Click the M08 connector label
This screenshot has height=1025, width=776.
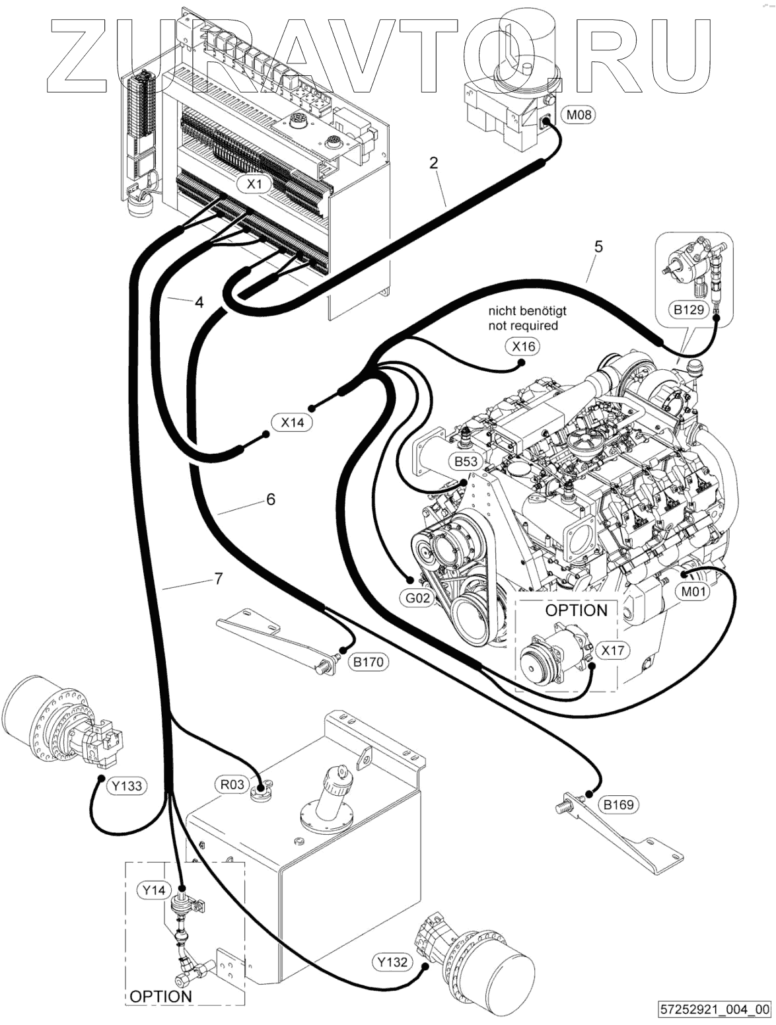click(579, 115)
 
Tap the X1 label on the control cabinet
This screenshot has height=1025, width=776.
click(254, 184)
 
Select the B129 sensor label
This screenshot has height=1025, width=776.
click(688, 308)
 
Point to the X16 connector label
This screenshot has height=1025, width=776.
click(524, 346)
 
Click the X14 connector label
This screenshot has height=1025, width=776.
click(292, 422)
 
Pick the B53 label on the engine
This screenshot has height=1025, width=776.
click(466, 461)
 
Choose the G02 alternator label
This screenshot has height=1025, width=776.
click(417, 598)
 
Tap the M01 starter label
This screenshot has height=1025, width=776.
click(693, 591)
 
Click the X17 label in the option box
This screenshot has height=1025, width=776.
click(612, 650)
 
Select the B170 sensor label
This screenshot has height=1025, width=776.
click(368, 662)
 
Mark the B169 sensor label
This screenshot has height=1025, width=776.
click(618, 804)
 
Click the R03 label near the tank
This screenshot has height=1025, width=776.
click(232, 785)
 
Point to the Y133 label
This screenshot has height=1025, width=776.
click(127, 786)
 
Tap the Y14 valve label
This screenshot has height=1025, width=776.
click(154, 890)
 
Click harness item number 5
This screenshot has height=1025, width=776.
click(598, 247)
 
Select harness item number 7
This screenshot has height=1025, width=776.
click(219, 579)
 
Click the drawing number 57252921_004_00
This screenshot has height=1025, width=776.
click(715, 1009)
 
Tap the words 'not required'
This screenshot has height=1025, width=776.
click(523, 326)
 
